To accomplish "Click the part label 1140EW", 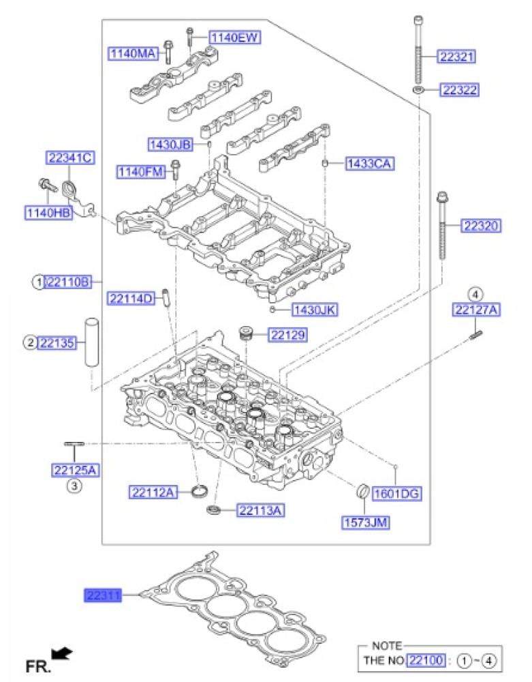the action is click(x=234, y=38).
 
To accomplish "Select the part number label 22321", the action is click(x=456, y=56).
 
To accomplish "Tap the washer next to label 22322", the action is click(x=419, y=90).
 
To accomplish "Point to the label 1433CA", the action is click(x=370, y=164).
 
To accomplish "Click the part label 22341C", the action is click(x=70, y=158).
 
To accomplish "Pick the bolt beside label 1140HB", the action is click(x=48, y=186).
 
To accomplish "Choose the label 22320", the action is click(x=481, y=226).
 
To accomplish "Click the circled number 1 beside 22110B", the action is click(x=38, y=282).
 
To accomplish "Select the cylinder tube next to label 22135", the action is click(x=92, y=343).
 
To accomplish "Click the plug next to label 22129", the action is click(x=246, y=333).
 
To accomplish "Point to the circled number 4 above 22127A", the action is click(x=476, y=295).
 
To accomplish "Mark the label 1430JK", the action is click(x=315, y=310).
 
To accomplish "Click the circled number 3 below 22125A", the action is click(x=74, y=486).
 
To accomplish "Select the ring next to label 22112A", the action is click(x=200, y=492).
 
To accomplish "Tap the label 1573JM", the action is click(x=365, y=522).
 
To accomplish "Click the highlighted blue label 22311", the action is click(x=102, y=595).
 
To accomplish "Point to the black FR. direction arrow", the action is click(x=61, y=653).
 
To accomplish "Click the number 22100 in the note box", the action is click(x=426, y=660).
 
